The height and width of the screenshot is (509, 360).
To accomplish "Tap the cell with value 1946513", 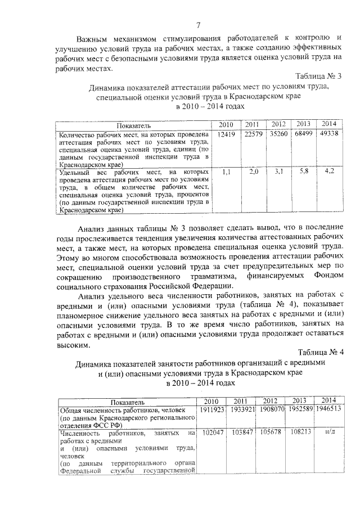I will pos(330,409).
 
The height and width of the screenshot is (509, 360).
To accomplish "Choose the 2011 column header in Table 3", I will pos(252,124).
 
